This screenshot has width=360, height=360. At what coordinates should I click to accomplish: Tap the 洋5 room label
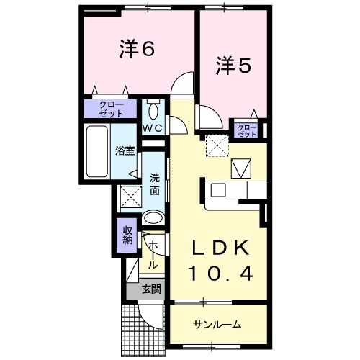tap(233, 66)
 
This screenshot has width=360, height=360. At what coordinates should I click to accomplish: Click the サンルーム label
tap(217, 324)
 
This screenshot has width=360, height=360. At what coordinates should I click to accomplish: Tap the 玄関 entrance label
tap(150, 289)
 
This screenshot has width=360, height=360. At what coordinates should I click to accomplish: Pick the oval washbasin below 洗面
tap(153, 218)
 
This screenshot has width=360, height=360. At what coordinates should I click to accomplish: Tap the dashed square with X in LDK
tap(214, 146)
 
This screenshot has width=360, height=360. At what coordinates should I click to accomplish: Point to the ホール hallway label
tap(153, 255)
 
